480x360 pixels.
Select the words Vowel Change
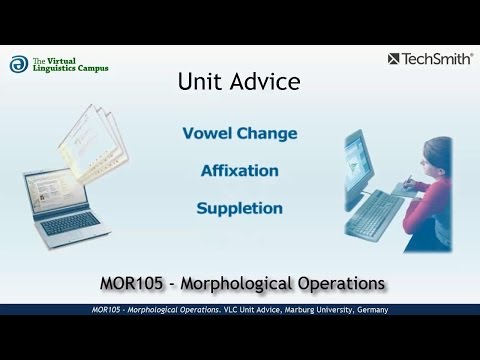coord(239,133)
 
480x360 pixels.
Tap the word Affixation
coord(239,171)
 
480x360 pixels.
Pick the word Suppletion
coord(239,209)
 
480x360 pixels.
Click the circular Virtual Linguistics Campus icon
coord(18,64)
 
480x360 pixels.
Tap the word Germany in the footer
coord(367,311)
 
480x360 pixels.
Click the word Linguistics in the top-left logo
coord(56,68)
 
